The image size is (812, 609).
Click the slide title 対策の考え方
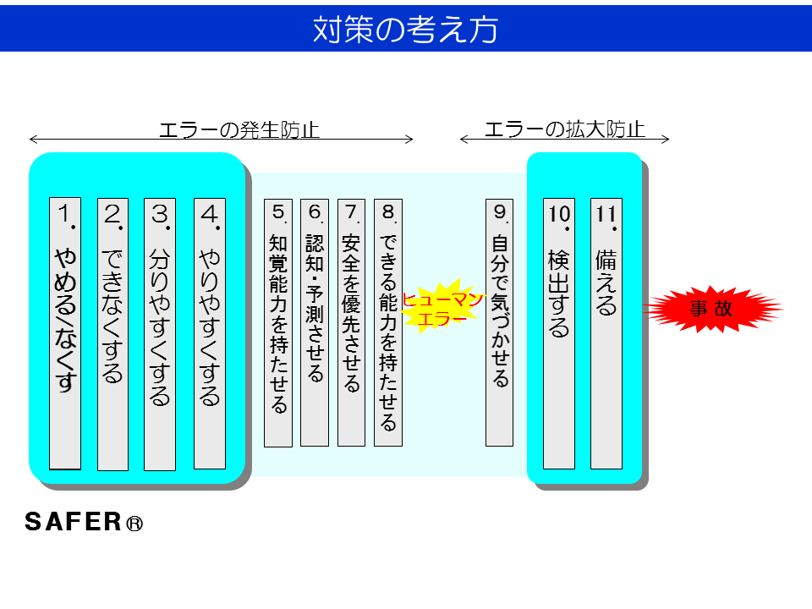tap(405, 29)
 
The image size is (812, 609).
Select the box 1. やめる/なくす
tap(65, 333)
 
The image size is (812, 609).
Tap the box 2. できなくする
tap(112, 334)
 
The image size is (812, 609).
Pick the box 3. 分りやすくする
tap(160, 334)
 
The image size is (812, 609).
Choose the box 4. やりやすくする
tap(209, 333)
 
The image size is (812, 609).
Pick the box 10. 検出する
tap(558, 333)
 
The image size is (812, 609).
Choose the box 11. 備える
tap(606, 333)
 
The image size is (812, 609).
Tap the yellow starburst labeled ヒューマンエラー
tap(442, 310)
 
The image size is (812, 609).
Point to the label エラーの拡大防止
tap(564, 129)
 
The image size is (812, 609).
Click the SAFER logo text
tap(74, 522)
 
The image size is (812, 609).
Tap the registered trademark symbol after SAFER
tap(134, 524)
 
